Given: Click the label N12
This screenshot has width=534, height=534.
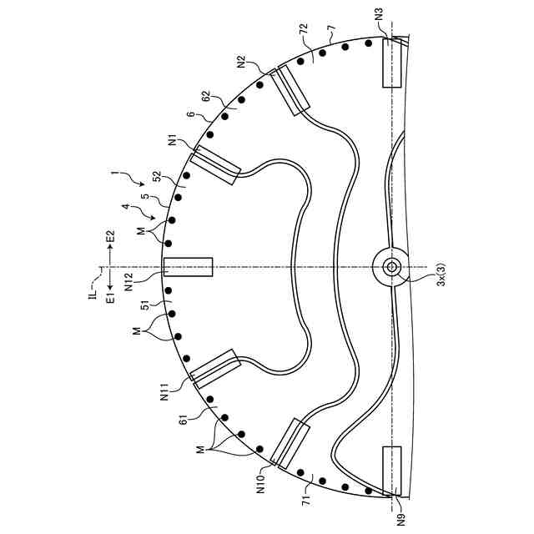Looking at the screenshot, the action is click(x=129, y=283).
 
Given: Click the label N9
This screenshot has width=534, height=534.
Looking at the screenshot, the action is click(x=402, y=518).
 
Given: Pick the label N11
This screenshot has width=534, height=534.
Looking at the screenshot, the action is click(x=165, y=392).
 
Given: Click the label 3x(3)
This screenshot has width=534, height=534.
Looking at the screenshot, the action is click(x=441, y=275).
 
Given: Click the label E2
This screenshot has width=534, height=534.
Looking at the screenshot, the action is click(x=111, y=236).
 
